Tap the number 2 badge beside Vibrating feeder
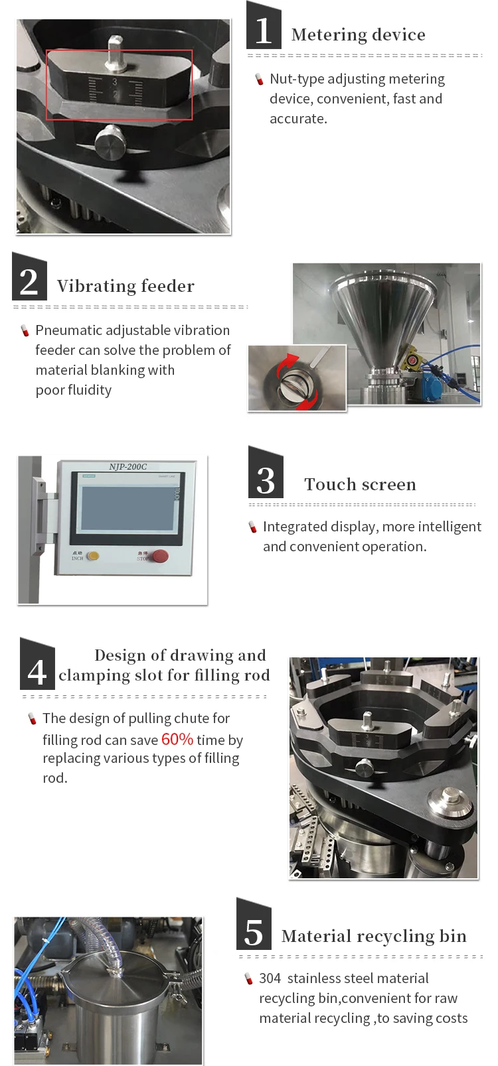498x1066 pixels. (x=29, y=278)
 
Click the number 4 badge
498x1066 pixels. (x=38, y=665)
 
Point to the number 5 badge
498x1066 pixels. (x=254, y=925)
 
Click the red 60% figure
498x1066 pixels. (x=177, y=739)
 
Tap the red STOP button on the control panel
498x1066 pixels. (x=160, y=555)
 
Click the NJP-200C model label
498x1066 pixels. (x=127, y=467)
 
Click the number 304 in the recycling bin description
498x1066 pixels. (x=270, y=978)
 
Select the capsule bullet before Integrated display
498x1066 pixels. (x=253, y=527)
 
